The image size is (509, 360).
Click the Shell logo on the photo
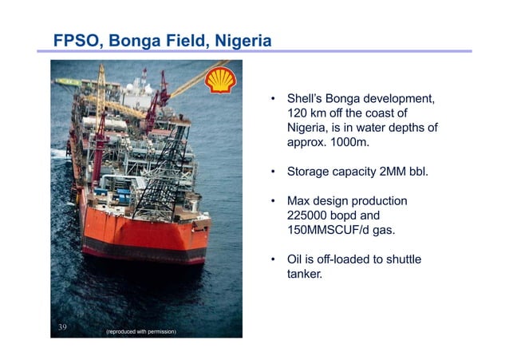(220, 81)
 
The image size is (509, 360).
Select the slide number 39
(63, 327)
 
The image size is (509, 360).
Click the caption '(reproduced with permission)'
(140, 331)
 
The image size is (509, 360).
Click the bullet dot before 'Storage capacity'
(273, 171)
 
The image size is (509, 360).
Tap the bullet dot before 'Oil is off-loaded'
(273, 259)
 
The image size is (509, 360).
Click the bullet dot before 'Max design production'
(273, 200)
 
